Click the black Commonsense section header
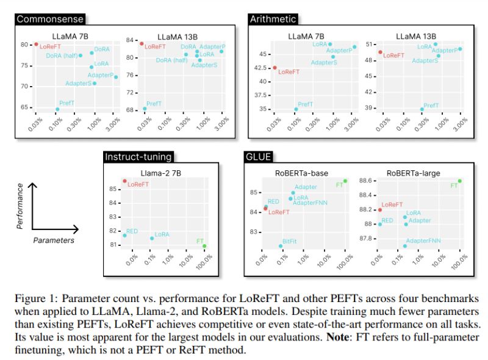coord(49,19)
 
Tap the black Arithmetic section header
coord(273,19)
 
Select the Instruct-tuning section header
coord(138,157)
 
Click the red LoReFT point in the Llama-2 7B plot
coord(124,181)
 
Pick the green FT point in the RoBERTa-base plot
coord(345,181)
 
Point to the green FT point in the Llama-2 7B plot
coord(204,246)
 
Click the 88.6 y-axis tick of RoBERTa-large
coord(366,181)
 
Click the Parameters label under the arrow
coord(54,240)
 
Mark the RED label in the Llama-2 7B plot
coord(132,231)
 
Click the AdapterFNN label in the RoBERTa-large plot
coord(423,241)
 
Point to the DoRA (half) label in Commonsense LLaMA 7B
coord(62,56)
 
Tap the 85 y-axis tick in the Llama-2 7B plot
coord(113,189)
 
